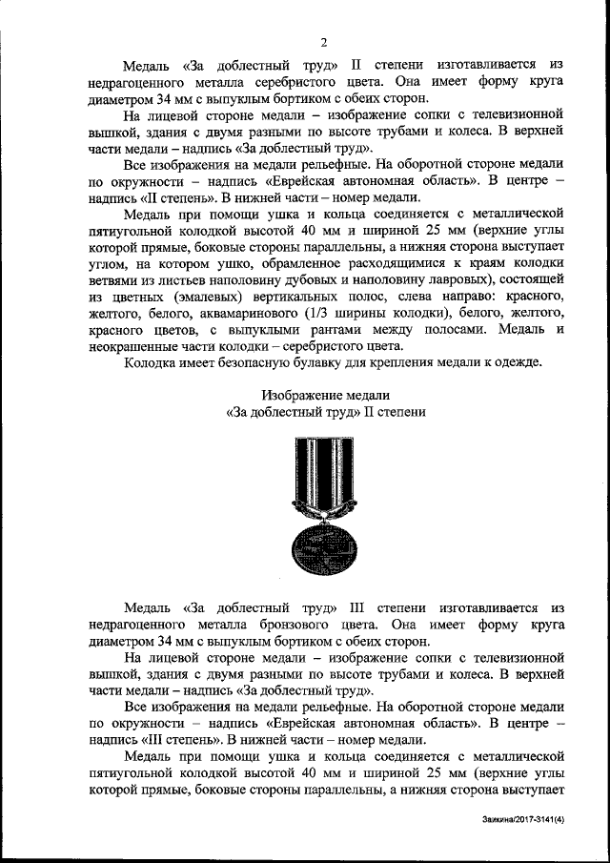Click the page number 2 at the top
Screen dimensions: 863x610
323,40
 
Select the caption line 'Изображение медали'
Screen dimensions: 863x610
325,395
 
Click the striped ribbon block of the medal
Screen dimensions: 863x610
325,468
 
